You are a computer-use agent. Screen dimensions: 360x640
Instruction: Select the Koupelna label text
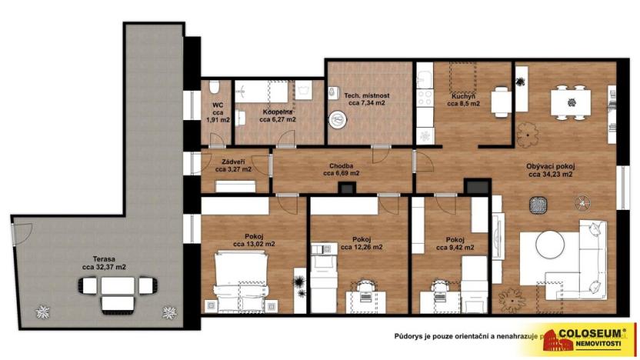pos(276,111)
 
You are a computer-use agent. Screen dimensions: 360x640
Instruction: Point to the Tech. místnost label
pos(367,95)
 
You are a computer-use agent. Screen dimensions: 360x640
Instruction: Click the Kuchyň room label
pos(463,95)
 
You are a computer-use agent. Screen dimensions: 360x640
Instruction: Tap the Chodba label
pos(341,165)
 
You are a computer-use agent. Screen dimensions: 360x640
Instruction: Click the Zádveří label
pos(234,162)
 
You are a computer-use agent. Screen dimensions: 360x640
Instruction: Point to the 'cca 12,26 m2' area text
pos(362,248)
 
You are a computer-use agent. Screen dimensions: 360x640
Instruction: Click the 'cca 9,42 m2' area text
pos(454,248)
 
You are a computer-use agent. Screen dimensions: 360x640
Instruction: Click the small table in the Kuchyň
pos(501,100)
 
